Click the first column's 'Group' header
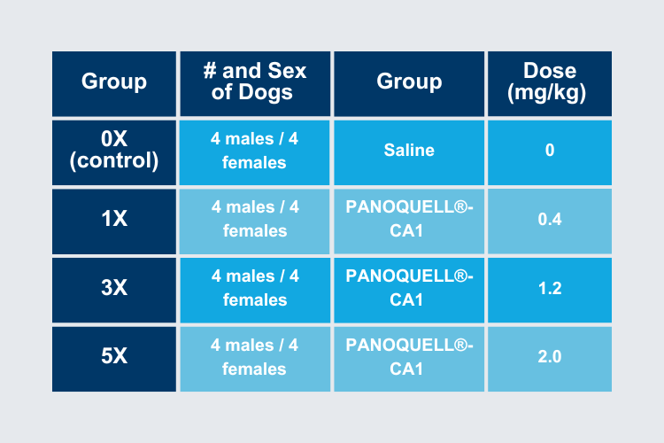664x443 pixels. point(114,82)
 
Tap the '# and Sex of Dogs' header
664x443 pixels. point(254,82)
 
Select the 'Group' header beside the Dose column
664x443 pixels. point(409,82)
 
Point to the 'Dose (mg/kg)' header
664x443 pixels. point(549,82)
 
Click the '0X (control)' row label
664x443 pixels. point(114,150)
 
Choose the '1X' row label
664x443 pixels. point(114,219)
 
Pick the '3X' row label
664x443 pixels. point(114,287)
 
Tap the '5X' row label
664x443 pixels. point(114,355)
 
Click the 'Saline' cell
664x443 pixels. point(409,150)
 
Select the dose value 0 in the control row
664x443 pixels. point(550,150)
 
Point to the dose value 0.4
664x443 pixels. point(550,219)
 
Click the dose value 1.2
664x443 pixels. point(550,288)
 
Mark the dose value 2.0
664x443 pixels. point(550,356)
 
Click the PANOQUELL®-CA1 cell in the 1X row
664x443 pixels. point(409,219)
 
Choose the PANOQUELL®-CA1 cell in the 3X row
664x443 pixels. point(409,288)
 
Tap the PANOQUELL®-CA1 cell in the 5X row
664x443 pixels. point(409,357)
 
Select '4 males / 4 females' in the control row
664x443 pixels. point(254,151)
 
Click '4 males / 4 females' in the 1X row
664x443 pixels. point(255,219)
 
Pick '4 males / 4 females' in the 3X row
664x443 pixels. point(255,288)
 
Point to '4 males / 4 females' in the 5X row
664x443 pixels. point(254,357)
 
